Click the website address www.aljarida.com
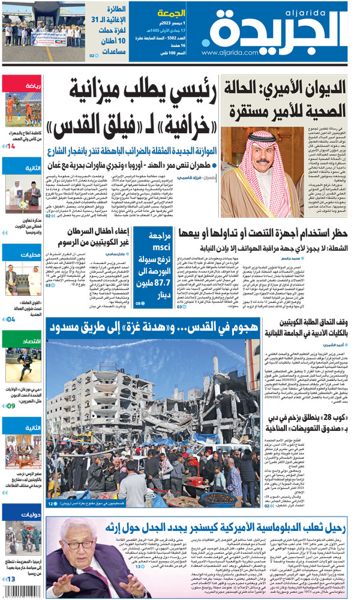(x=224, y=53)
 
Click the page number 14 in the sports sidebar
(x=11, y=146)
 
